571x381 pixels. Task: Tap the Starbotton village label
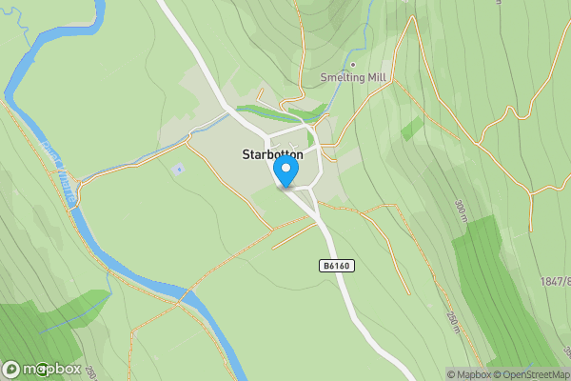[272, 154]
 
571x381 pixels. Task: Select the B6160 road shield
[337, 266]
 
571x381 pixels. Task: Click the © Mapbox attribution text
[468, 374]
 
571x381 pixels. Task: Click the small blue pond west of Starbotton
[178, 169]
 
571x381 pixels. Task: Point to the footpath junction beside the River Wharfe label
[82, 179]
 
